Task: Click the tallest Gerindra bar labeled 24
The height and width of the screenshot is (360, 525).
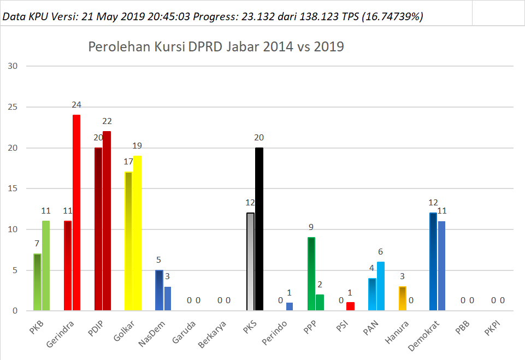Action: (76, 213)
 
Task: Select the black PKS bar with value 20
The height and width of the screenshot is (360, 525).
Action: (259, 229)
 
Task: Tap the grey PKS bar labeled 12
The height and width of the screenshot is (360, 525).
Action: (250, 262)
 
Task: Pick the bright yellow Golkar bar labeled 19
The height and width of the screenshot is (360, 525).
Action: (137, 233)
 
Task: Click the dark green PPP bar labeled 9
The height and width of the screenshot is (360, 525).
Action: (311, 274)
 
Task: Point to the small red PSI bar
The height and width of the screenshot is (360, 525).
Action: (350, 306)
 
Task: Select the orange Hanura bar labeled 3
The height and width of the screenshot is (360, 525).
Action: (403, 298)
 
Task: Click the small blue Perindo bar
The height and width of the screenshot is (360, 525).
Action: (290, 306)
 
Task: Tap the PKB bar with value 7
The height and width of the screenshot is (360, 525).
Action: (37, 282)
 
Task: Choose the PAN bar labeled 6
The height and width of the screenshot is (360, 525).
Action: (381, 286)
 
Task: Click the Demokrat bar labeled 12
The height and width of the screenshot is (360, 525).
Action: (433, 262)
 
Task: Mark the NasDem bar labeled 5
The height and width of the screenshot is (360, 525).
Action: (159, 290)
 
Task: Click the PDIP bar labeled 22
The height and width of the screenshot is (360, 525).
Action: (107, 221)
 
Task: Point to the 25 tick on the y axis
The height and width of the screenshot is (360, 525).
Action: (13, 107)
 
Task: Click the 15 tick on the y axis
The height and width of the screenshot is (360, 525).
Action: (13, 188)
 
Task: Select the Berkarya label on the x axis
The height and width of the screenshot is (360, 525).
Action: (212, 334)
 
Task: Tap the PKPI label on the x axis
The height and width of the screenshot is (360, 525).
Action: (492, 328)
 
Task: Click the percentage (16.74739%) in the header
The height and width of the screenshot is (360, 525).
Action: (392, 16)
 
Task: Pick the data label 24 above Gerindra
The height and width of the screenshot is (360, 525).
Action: (76, 105)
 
